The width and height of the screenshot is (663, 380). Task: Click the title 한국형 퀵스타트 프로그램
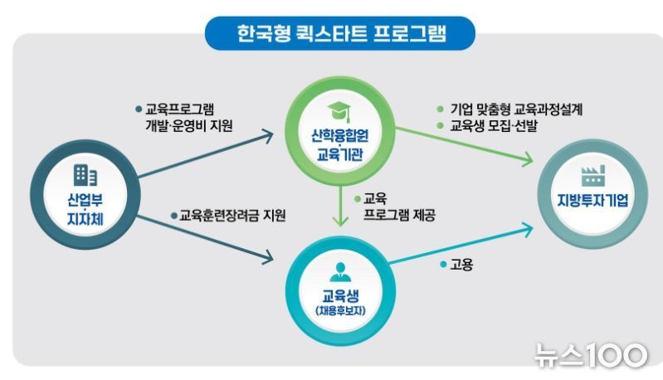click(341, 33)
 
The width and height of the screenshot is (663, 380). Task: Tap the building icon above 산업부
click(85, 175)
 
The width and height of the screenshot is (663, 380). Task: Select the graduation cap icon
click(339, 112)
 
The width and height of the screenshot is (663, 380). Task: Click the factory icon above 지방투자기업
click(592, 176)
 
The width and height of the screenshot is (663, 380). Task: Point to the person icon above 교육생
click(340, 272)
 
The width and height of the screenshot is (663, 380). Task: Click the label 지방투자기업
click(592, 200)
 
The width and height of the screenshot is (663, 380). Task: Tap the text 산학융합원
click(340, 136)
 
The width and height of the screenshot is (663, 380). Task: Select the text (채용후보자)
click(340, 310)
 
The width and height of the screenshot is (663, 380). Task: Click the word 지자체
click(85, 219)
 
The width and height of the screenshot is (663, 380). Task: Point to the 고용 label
click(461, 265)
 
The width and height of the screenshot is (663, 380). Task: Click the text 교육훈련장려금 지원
click(232, 216)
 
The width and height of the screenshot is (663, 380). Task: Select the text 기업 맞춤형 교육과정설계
click(516, 109)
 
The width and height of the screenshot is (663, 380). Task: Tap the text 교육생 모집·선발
click(494, 125)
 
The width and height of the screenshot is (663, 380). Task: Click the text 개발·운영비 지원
click(189, 125)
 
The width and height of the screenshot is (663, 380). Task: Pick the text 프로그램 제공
click(399, 215)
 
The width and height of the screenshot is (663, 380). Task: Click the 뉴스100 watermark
click(591, 355)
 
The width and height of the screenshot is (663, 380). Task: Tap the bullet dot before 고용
click(443, 265)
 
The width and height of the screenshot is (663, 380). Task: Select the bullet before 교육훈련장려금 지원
click(173, 216)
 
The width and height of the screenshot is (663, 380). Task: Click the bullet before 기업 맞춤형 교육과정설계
click(440, 109)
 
